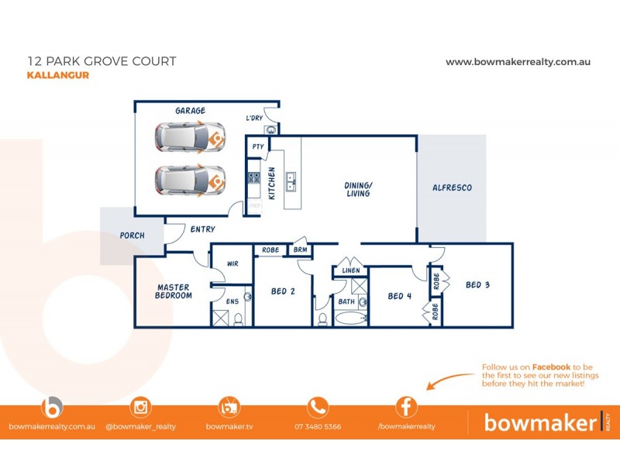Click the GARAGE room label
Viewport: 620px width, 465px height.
pyautogui.click(x=190, y=111)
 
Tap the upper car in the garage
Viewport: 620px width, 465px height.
pyautogui.click(x=189, y=139)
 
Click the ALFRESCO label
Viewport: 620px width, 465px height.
pyautogui.click(x=452, y=188)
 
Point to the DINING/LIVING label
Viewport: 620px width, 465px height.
pyautogui.click(x=358, y=189)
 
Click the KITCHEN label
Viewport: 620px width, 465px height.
pyautogui.click(x=272, y=183)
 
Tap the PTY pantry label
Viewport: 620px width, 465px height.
pyautogui.click(x=258, y=146)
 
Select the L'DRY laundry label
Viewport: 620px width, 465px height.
pyautogui.click(x=254, y=118)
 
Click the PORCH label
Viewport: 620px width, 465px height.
pyautogui.click(x=131, y=236)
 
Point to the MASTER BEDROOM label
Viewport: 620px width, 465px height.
pyautogui.click(x=173, y=291)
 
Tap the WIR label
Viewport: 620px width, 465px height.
pyautogui.click(x=232, y=263)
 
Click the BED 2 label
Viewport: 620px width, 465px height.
pyautogui.click(x=283, y=292)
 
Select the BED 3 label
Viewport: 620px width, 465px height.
pyautogui.click(x=477, y=284)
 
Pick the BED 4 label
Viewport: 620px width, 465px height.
pyautogui.click(x=399, y=295)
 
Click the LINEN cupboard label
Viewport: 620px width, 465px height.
pyautogui.click(x=350, y=270)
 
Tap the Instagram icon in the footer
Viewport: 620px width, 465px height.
pyautogui.click(x=140, y=407)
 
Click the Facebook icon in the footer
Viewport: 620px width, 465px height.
pyautogui.click(x=406, y=407)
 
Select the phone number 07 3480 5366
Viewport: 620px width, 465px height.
pyautogui.click(x=318, y=426)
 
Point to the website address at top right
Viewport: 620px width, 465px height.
pyautogui.click(x=518, y=61)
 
